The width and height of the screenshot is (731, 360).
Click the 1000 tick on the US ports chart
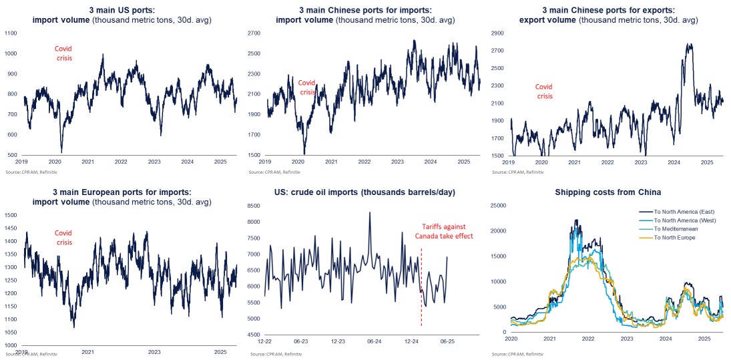(12, 53)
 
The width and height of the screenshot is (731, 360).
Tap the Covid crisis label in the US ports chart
(63, 53)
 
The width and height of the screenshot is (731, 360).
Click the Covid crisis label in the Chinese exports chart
(545, 92)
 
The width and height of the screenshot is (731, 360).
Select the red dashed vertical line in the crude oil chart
(421, 287)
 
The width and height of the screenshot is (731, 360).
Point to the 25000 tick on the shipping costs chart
(497, 205)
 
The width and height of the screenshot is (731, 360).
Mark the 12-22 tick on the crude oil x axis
(265, 341)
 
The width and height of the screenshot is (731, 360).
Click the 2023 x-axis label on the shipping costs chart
(627, 339)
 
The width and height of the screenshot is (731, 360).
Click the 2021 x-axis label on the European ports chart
(87, 352)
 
